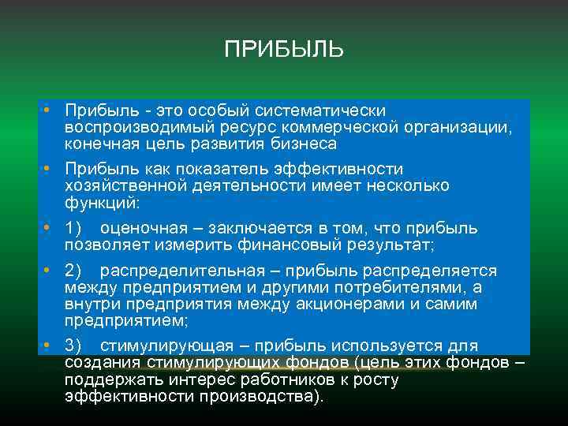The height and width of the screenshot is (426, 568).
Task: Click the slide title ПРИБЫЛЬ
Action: (x=284, y=50)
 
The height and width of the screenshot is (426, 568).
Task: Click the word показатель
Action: (x=216, y=169)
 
